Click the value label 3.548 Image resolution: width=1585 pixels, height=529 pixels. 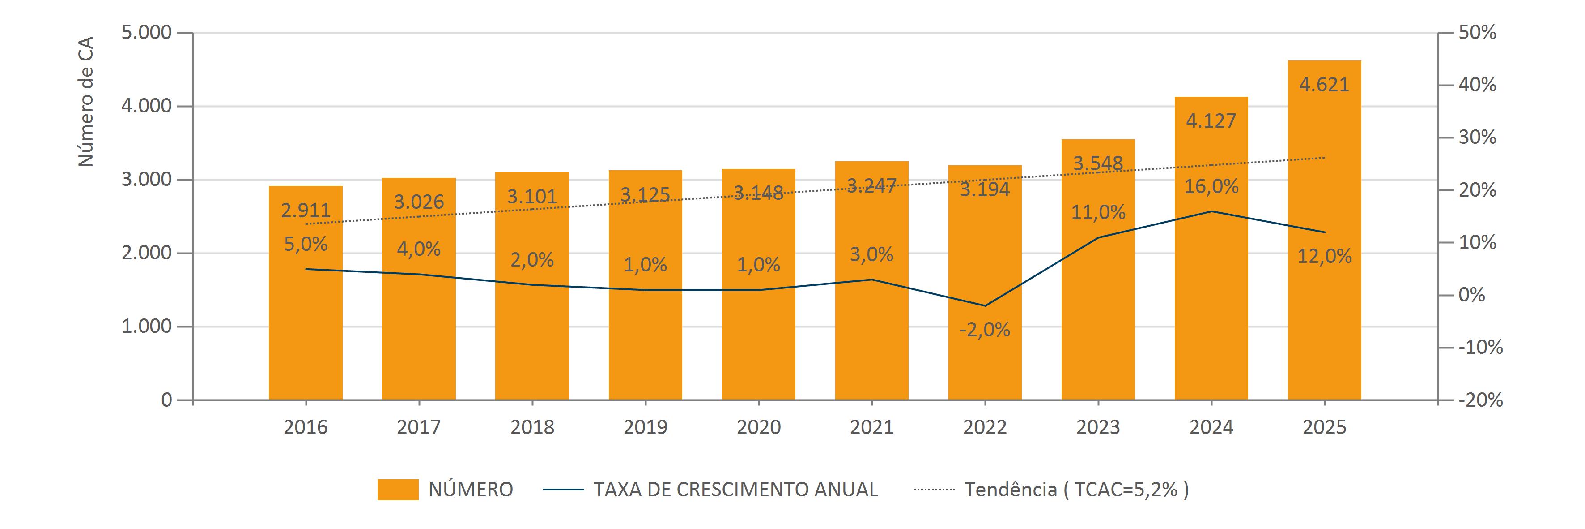1098,163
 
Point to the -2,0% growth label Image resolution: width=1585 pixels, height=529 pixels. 985,330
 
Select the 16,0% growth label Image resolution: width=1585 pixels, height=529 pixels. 1211,186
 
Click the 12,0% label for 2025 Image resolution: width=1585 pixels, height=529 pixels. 1324,256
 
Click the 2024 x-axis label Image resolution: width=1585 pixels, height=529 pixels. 1211,427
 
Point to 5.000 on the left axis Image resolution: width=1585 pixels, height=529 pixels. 146,33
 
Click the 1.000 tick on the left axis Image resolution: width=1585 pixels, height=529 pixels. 146,327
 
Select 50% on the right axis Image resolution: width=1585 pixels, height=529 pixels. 1477,33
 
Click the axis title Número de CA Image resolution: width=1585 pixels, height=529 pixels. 86,102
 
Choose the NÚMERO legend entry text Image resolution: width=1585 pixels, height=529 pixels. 471,490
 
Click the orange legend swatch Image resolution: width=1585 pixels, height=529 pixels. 398,490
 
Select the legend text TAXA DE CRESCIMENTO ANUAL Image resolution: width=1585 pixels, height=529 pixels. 735,490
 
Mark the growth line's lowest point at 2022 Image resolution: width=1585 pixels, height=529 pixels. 985,305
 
